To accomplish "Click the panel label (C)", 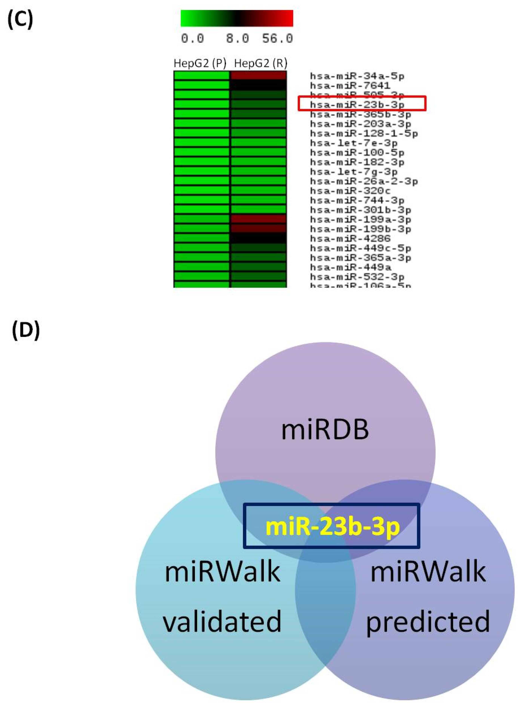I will click(20, 20).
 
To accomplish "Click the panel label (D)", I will click(26, 331).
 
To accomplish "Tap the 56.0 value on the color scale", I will click(277, 39).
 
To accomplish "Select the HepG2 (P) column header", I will click(200, 64).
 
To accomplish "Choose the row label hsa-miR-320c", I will click(350, 191).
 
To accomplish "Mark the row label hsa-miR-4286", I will click(350, 238).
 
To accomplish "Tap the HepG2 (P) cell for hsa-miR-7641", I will click(201, 85).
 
